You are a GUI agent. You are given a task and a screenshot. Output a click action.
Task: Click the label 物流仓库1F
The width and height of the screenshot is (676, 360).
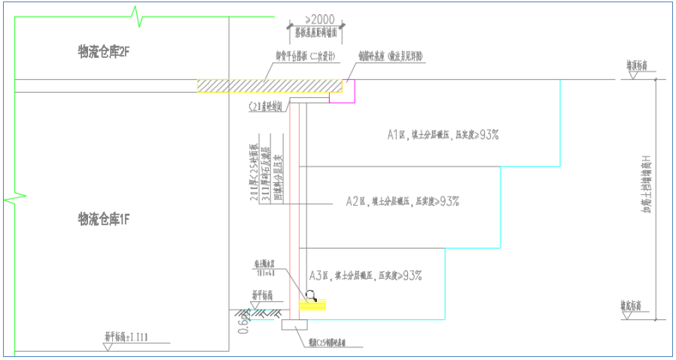click(105, 218)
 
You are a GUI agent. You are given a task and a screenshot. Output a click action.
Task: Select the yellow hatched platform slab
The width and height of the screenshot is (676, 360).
click(271, 87)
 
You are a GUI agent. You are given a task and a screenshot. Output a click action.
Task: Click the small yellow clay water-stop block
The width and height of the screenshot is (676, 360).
click(313, 305)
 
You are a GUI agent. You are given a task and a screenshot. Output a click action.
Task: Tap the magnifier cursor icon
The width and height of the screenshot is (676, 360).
click(311, 295)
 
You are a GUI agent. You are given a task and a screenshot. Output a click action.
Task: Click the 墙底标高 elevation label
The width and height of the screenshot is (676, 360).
click(635, 306)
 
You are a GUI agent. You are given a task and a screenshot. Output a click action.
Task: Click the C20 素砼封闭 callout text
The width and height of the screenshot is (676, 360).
click(266, 107)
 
